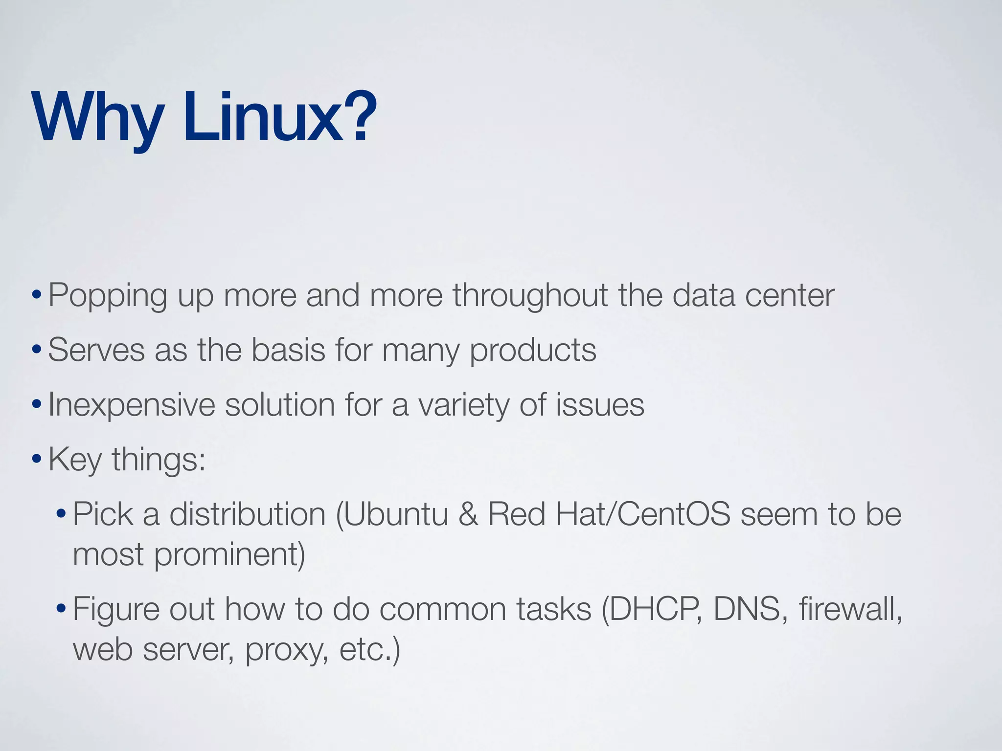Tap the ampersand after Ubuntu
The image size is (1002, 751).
[x=468, y=514]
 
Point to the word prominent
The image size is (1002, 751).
[x=229, y=555]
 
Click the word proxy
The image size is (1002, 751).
[x=287, y=650]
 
